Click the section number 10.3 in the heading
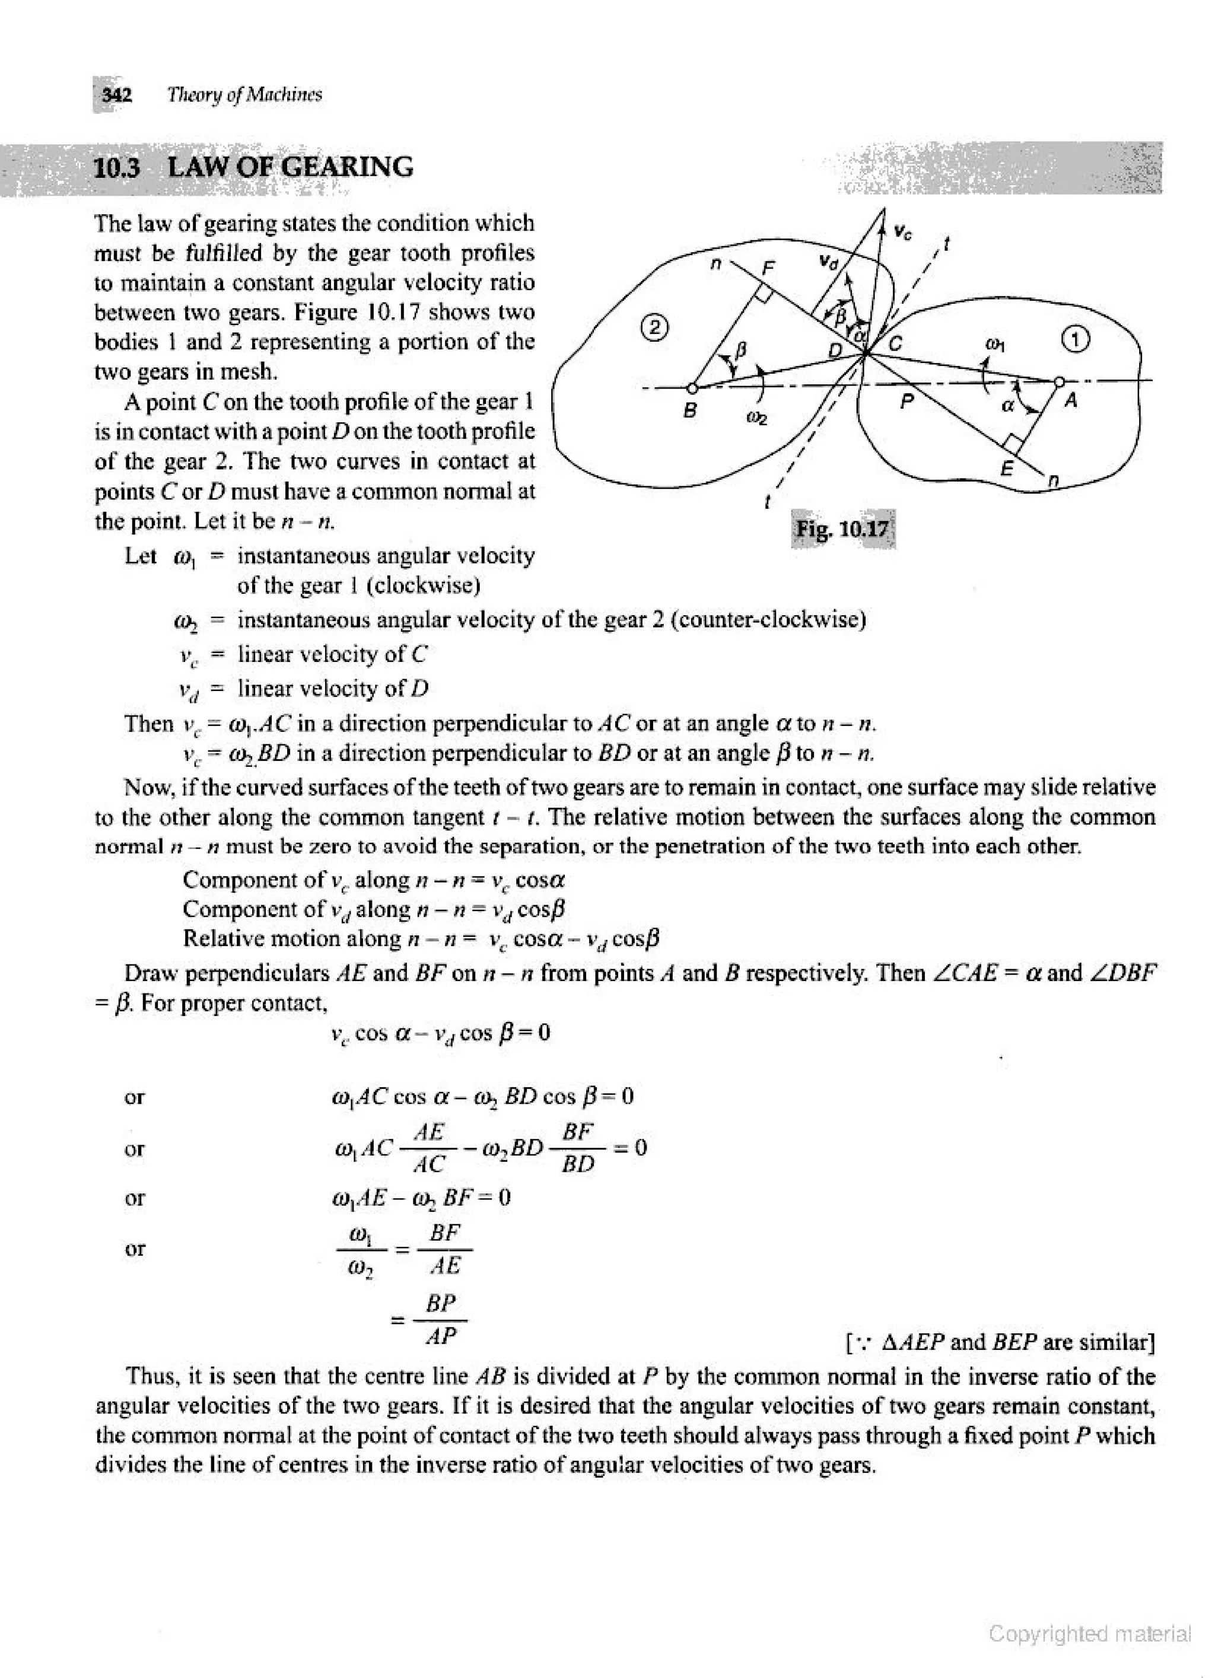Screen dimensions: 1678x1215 pos(117,167)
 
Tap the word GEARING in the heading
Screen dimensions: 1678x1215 pos(348,167)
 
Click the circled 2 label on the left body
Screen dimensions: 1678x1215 pos(655,326)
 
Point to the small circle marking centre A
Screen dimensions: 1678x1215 pos(1059,381)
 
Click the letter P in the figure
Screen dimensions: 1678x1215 pos(907,401)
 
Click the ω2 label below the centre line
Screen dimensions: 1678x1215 pos(756,419)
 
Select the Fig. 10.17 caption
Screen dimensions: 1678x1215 pos(842,529)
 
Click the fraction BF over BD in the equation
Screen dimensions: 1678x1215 pos(578,1148)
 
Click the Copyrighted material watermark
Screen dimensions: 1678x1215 pos(1090,1633)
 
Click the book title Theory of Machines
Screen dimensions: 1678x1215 pos(244,95)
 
